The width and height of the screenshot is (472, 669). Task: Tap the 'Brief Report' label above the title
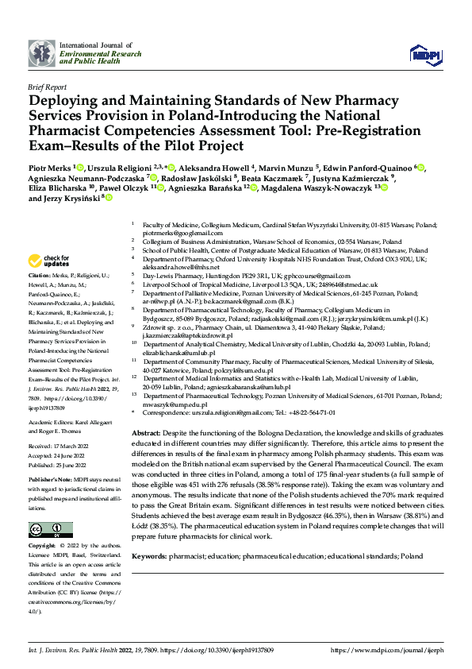(47, 87)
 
